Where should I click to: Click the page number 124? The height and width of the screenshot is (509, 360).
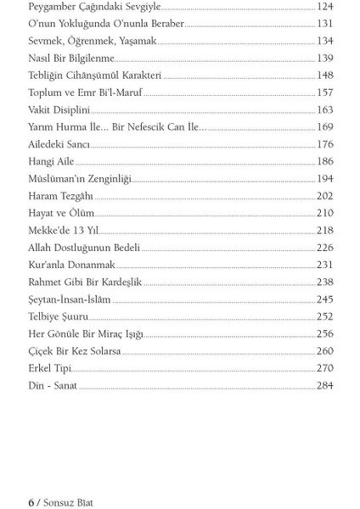click(324, 7)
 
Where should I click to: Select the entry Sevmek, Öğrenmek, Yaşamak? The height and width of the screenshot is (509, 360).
click(92, 41)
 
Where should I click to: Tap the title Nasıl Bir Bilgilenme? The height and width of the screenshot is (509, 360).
click(71, 59)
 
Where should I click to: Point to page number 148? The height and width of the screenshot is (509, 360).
click(324, 76)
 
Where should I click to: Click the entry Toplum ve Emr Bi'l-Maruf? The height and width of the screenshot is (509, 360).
click(84, 92)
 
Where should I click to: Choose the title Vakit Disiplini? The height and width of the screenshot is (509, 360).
click(59, 110)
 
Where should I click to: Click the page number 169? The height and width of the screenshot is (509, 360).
click(324, 127)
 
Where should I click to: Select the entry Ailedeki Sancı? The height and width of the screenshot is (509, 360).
click(59, 144)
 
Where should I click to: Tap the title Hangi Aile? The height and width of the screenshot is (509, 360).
click(51, 162)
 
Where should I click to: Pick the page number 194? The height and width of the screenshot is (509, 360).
click(324, 179)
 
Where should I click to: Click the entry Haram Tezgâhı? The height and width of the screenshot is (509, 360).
click(60, 196)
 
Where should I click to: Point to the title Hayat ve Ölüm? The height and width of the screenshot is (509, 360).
click(61, 214)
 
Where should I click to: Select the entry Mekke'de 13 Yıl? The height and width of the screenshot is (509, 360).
click(63, 231)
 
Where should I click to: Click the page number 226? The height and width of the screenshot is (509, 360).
click(324, 248)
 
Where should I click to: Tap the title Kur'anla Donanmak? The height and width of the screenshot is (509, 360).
click(71, 266)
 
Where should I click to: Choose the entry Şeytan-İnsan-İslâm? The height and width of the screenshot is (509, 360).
click(70, 299)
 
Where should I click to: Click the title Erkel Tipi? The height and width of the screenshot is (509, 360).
click(50, 368)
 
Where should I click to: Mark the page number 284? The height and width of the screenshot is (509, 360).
click(324, 386)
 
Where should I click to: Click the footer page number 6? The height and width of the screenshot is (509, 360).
click(31, 503)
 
